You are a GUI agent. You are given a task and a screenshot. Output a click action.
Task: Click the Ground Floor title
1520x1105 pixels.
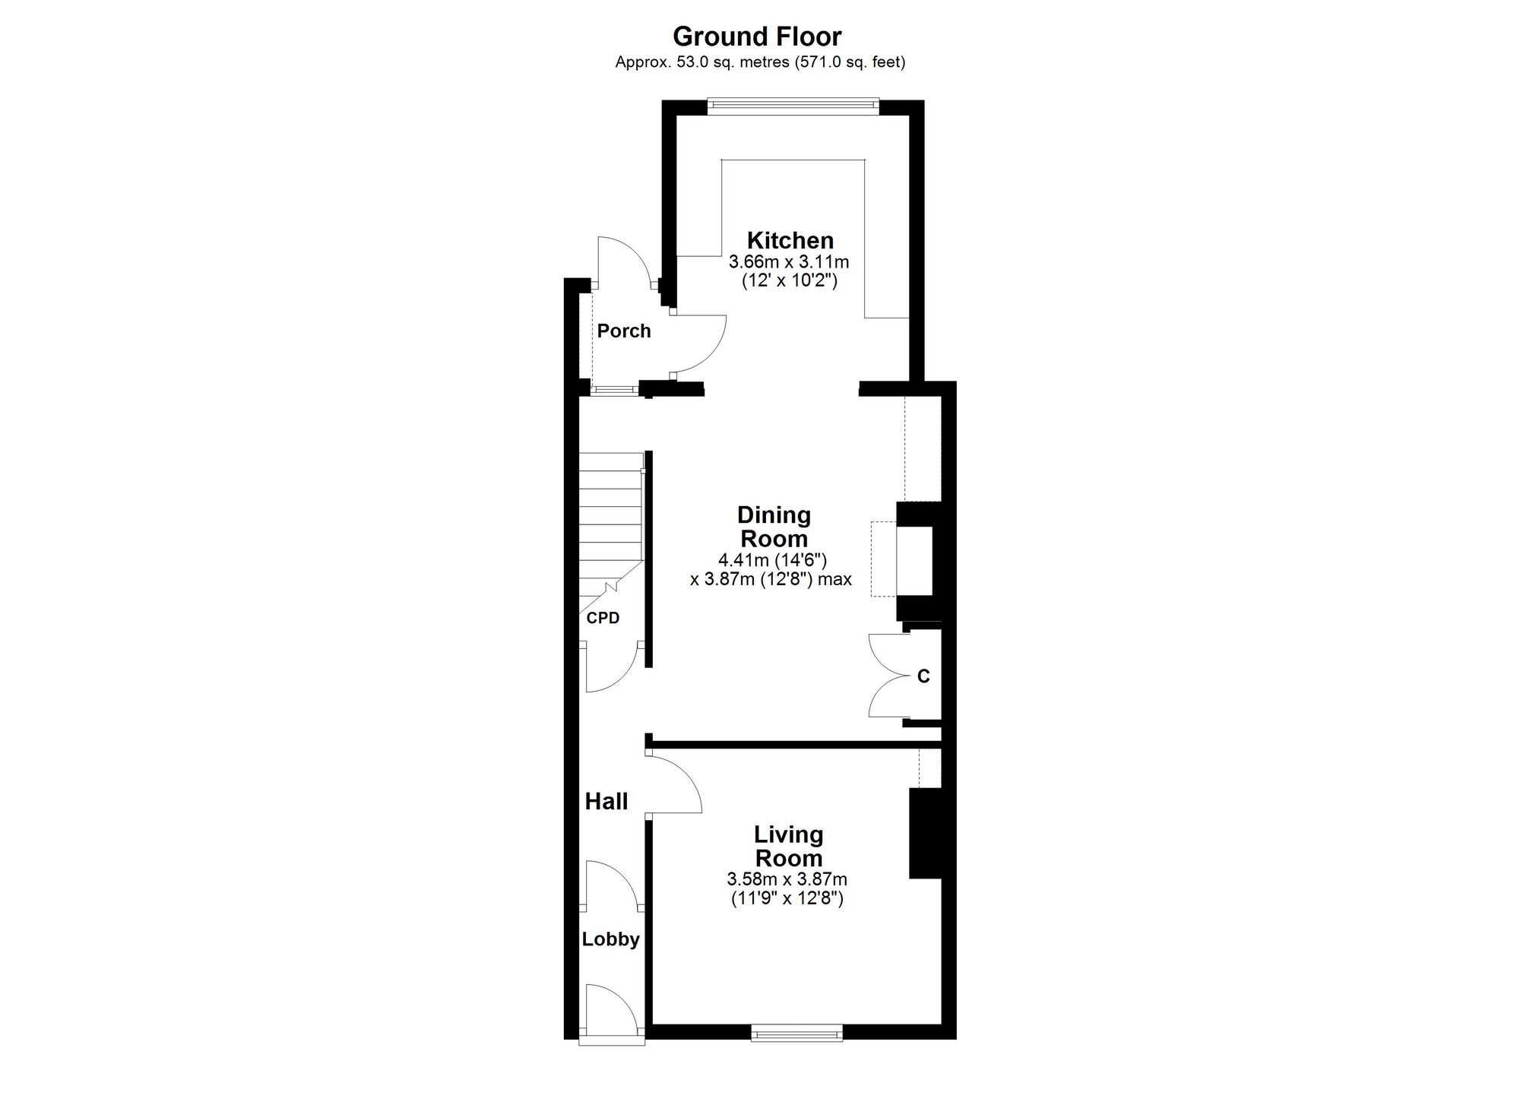click(x=757, y=36)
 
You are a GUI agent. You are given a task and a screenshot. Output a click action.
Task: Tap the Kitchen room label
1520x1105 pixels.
click(x=790, y=240)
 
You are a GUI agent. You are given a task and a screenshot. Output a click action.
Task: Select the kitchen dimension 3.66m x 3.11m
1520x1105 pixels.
click(x=789, y=262)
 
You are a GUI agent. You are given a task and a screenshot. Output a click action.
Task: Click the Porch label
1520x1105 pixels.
click(x=624, y=331)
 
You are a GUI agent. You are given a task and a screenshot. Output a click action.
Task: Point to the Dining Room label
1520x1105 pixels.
click(x=774, y=527)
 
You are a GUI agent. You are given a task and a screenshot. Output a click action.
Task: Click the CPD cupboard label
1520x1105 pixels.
click(x=603, y=618)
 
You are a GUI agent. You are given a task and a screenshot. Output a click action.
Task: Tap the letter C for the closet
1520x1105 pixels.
click(x=923, y=676)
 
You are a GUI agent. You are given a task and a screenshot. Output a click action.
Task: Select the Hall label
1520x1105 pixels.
click(x=606, y=801)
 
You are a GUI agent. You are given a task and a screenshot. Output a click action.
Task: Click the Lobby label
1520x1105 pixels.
click(x=611, y=939)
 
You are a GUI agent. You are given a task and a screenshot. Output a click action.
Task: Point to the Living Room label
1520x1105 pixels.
click(x=788, y=847)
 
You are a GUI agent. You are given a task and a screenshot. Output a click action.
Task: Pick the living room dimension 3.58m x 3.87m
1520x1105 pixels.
click(x=787, y=880)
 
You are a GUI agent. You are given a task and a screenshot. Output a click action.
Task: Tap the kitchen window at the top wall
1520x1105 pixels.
click(x=793, y=106)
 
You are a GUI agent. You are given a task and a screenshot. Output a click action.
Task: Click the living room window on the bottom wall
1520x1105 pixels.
click(x=796, y=1032)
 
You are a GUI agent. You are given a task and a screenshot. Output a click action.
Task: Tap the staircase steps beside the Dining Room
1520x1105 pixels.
click(x=611, y=524)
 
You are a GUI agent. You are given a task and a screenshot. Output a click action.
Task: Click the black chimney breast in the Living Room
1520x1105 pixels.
click(x=926, y=834)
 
